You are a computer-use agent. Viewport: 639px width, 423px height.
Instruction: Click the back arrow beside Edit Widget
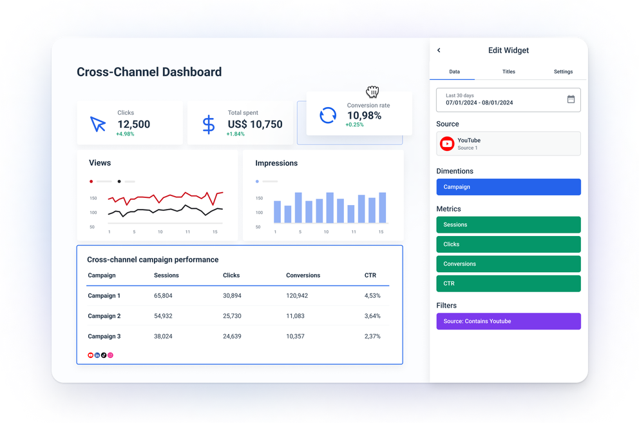click(439, 50)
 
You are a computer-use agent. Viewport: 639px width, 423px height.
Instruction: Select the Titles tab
click(508, 72)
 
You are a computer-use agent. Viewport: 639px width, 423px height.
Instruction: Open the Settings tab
click(563, 72)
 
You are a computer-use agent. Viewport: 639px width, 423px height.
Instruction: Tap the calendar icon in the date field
click(571, 99)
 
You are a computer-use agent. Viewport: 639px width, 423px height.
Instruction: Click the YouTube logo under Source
click(447, 144)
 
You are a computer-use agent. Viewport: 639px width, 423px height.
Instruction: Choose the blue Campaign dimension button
click(508, 187)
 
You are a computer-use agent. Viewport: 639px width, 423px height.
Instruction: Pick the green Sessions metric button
click(508, 225)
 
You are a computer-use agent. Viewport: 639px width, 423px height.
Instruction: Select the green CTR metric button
click(508, 284)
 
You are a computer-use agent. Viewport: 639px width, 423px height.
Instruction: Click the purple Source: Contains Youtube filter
click(508, 321)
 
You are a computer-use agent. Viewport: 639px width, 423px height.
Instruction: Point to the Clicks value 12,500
click(133, 124)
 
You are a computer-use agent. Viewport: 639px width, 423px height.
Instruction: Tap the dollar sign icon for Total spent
click(209, 124)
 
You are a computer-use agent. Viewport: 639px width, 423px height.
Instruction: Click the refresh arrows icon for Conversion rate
click(328, 115)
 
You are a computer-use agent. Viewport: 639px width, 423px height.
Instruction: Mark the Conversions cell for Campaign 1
click(297, 296)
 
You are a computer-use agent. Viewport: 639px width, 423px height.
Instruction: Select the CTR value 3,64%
click(372, 316)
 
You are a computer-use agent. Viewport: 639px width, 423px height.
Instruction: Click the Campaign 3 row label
click(104, 337)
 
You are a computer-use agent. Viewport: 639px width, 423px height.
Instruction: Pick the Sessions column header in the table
click(166, 275)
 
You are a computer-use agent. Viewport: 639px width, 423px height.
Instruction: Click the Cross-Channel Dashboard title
click(149, 72)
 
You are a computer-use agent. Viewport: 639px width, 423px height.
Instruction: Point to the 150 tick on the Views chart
click(93, 199)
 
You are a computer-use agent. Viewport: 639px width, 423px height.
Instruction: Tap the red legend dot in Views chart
click(91, 182)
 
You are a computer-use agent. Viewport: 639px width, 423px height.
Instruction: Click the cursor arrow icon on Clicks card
click(98, 124)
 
